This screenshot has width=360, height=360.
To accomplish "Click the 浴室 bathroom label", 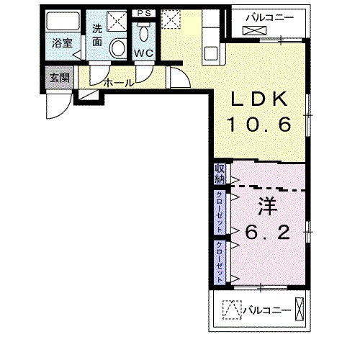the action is [x=62, y=43].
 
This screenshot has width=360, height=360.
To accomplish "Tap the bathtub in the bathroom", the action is [x=63, y=21].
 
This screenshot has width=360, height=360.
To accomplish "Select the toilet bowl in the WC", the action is [x=144, y=33].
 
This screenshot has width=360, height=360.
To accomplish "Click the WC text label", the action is [x=143, y=53].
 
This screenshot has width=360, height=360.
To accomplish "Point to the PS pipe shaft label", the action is [x=144, y=13].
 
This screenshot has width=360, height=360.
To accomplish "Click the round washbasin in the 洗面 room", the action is [x=118, y=48].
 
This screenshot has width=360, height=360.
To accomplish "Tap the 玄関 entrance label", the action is [x=60, y=78].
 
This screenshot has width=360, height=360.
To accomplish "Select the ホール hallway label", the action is [x=119, y=83].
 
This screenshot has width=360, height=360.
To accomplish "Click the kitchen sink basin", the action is [x=211, y=54].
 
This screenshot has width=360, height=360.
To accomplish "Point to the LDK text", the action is [x=259, y=99].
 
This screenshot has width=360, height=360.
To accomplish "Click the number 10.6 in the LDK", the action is [x=260, y=125].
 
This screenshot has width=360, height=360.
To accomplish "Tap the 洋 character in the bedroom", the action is [x=268, y=207].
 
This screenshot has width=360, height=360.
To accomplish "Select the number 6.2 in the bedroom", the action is [x=267, y=232].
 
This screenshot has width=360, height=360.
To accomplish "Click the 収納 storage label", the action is [x=220, y=174].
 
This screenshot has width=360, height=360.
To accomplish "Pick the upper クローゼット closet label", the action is [x=220, y=212].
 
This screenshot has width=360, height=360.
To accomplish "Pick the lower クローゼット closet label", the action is [x=220, y=262].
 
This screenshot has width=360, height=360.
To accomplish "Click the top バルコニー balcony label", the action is [x=270, y=18].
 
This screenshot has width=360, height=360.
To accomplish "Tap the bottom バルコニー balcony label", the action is [x=267, y=311].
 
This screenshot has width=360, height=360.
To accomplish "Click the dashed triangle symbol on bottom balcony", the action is [x=232, y=310].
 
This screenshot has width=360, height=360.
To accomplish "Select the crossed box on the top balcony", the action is [x=255, y=30].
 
